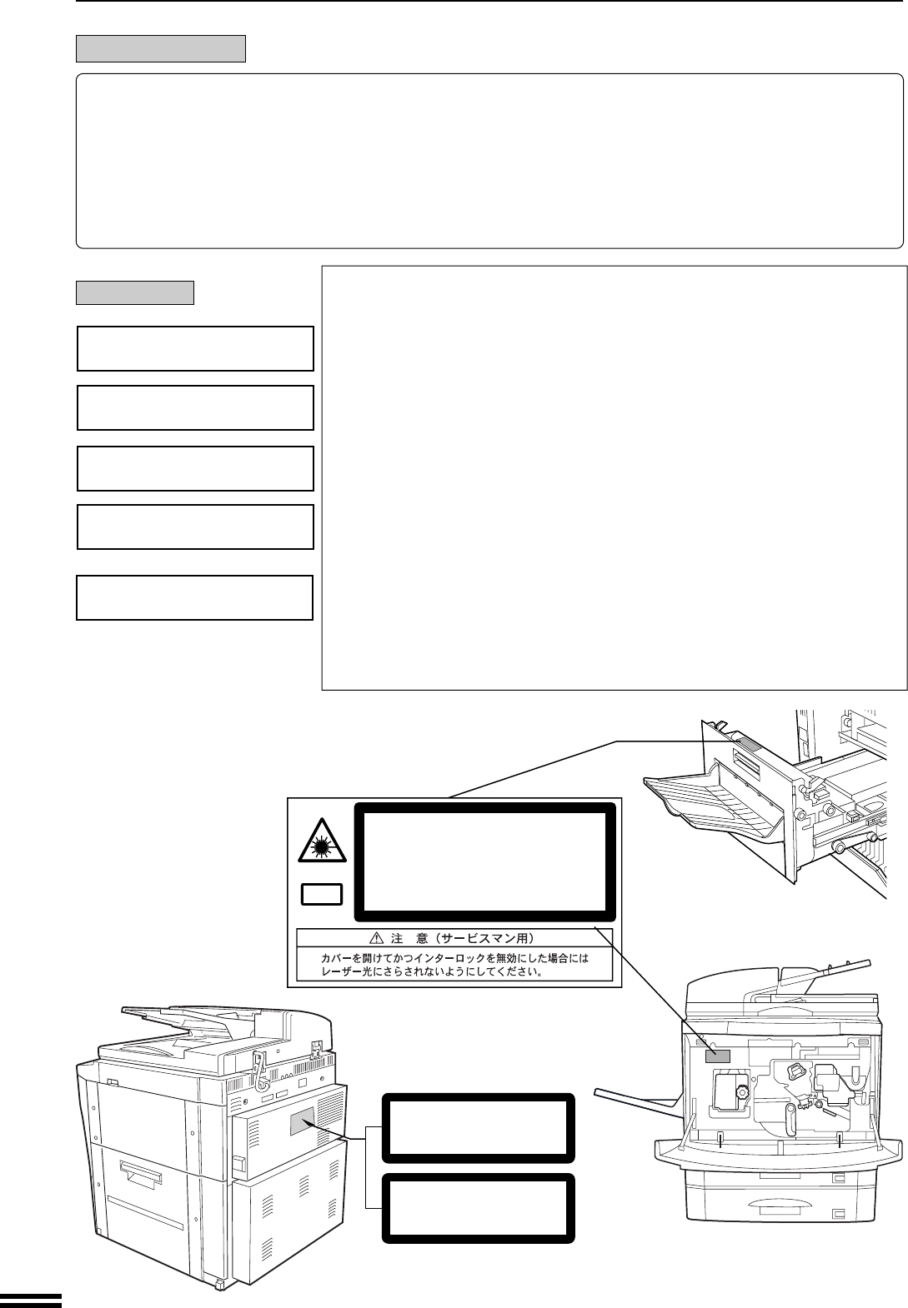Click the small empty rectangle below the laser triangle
tap(321, 895)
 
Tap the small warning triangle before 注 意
tap(376, 938)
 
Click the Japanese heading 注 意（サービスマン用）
tap(453, 938)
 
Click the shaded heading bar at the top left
tap(161, 48)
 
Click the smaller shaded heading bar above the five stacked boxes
tap(135, 292)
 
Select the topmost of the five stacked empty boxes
tap(195, 348)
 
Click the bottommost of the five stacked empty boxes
tap(194, 597)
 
